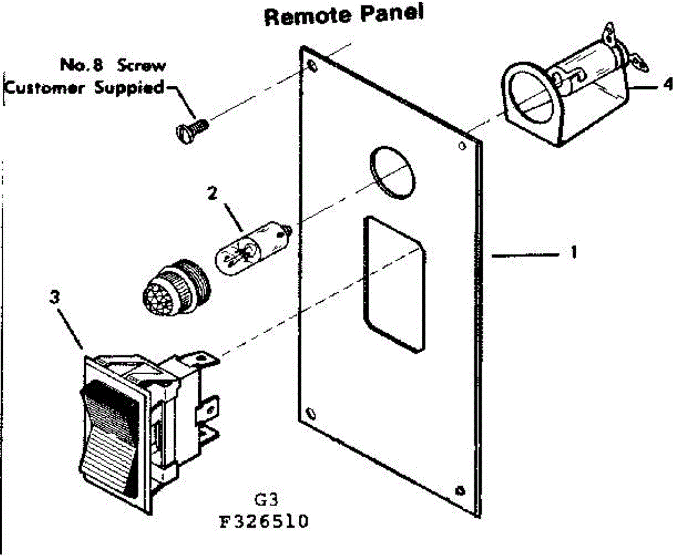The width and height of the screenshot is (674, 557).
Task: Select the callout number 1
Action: [573, 253]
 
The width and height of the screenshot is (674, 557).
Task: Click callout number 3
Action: [54, 299]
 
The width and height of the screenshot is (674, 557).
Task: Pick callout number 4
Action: [667, 86]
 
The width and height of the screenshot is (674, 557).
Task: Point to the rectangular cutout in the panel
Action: [393, 284]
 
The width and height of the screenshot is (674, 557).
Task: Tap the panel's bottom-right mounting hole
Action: [461, 490]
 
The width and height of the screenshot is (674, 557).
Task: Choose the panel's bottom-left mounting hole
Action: [310, 415]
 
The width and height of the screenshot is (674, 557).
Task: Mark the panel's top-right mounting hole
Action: [462, 147]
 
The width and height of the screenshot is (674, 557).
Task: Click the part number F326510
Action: [263, 522]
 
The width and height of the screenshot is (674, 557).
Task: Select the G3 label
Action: [263, 500]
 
